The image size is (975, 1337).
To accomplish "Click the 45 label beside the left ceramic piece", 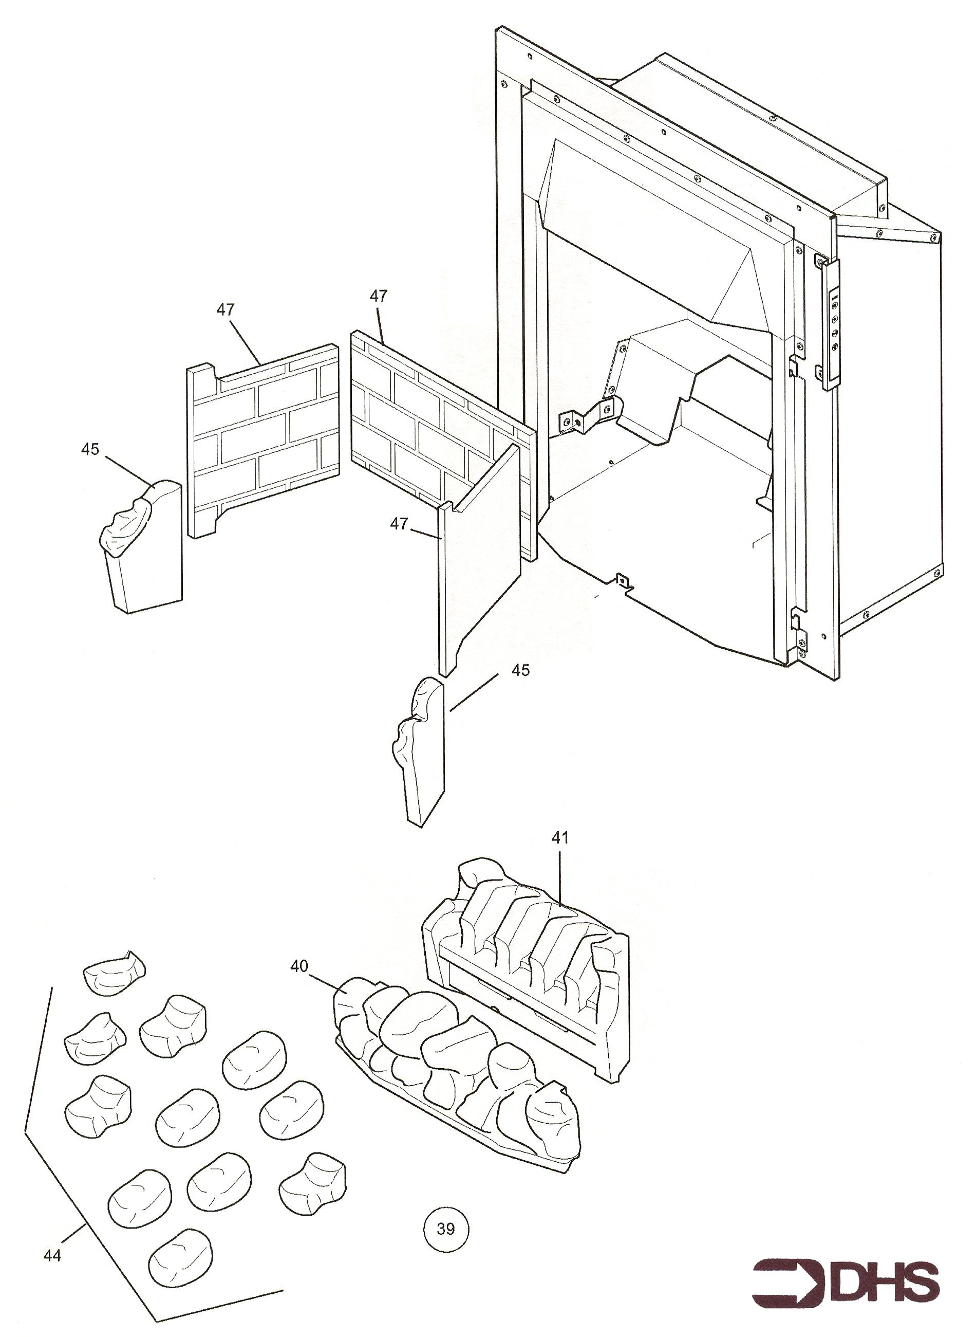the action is tap(90, 449).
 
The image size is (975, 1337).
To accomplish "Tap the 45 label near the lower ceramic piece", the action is tap(520, 670).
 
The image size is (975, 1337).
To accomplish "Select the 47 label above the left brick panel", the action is tap(226, 310).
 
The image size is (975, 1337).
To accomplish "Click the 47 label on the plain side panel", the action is tap(399, 523).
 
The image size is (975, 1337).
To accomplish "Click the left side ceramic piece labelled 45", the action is tap(140, 546).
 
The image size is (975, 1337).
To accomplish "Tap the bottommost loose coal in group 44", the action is tap(181, 1248).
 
